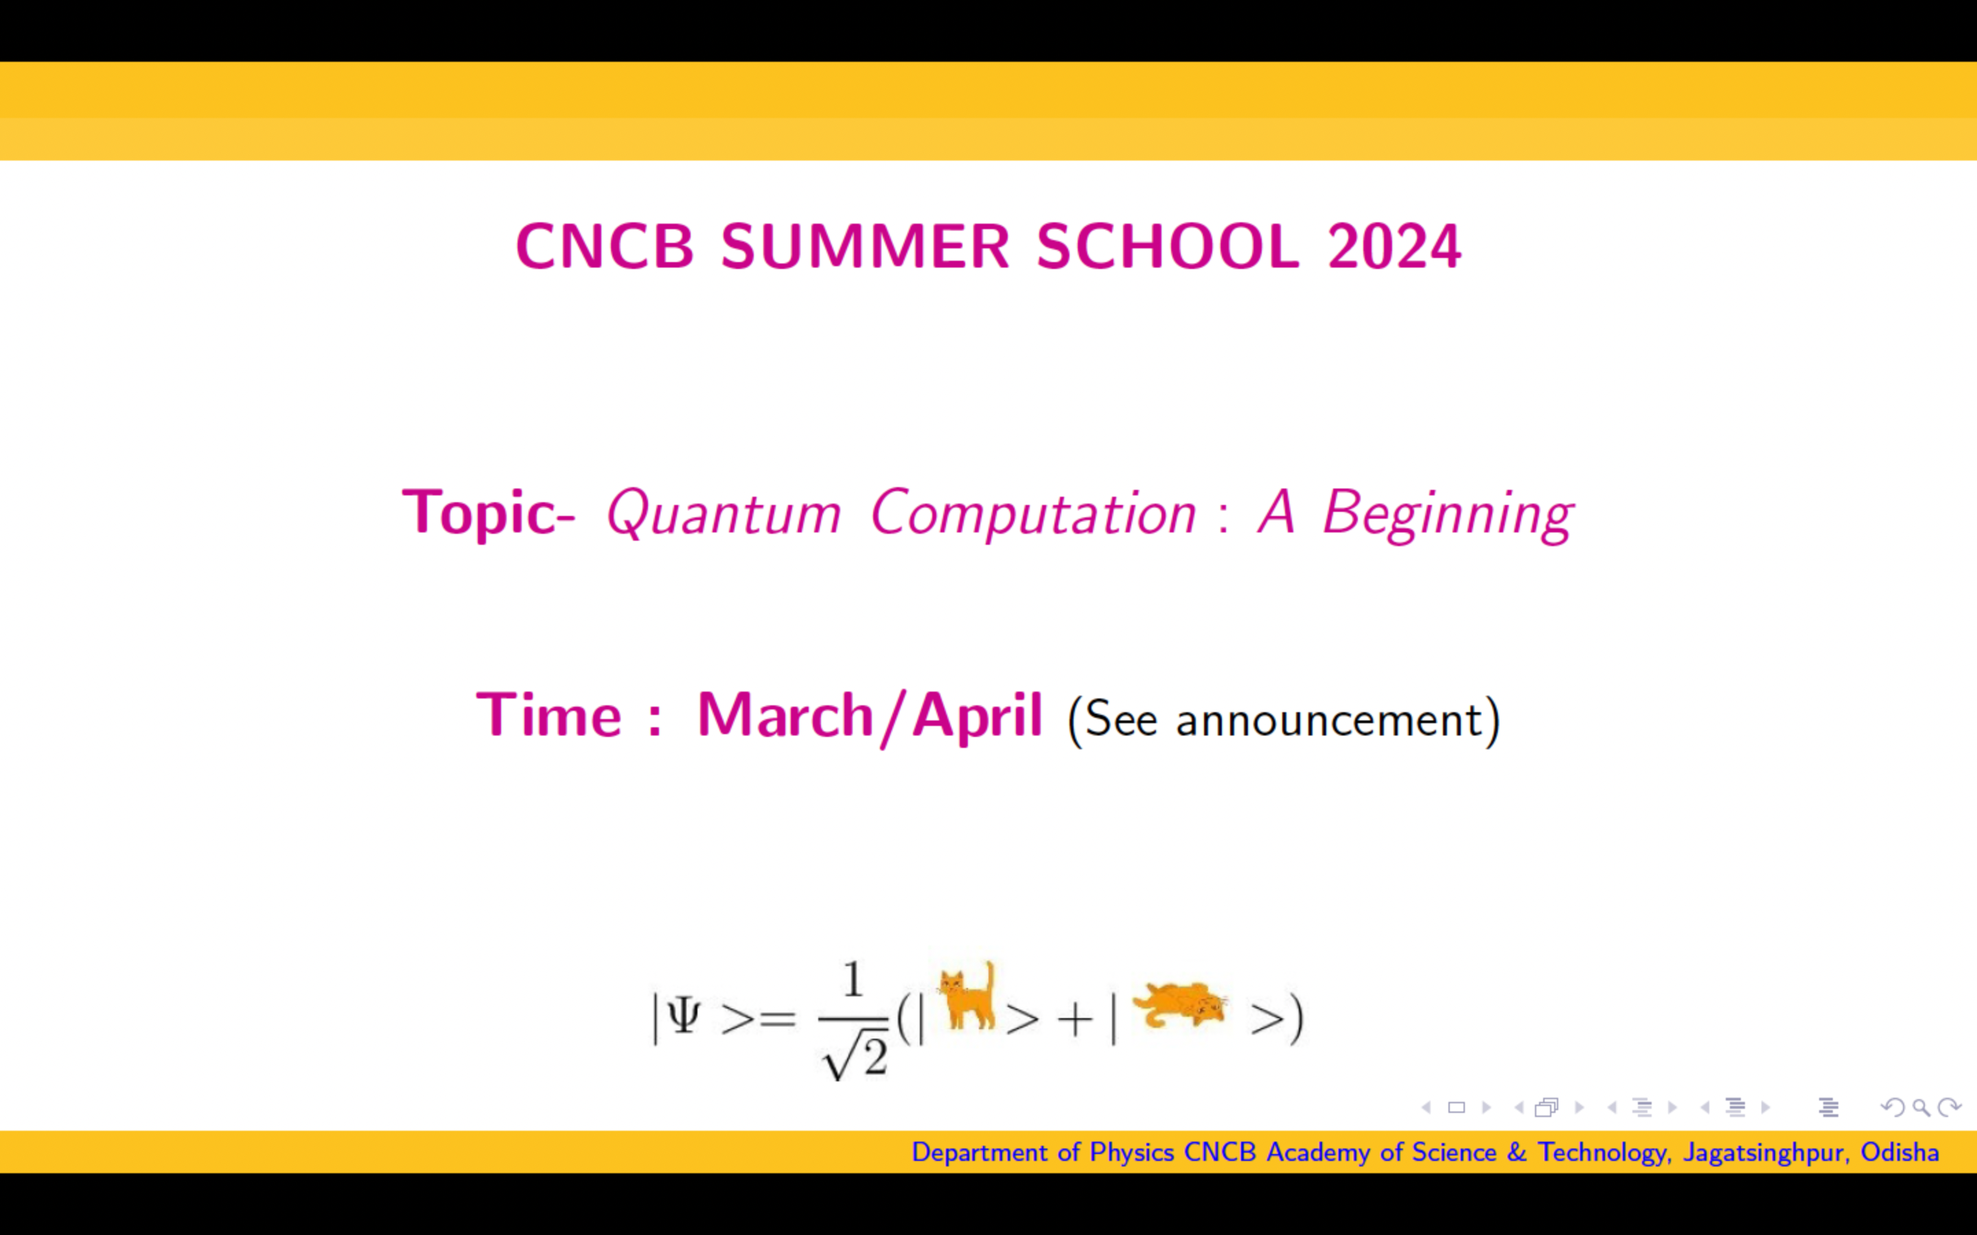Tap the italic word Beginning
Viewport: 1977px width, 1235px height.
point(1448,515)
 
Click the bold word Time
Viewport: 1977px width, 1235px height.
point(549,716)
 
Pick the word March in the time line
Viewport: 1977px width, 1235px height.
point(785,716)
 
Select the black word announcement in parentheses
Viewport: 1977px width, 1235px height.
point(1328,720)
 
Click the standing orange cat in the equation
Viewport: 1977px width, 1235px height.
point(968,996)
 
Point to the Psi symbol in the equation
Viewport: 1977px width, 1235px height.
point(683,1017)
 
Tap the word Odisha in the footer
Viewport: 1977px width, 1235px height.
point(1899,1153)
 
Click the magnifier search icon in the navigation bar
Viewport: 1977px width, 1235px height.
point(1921,1107)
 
